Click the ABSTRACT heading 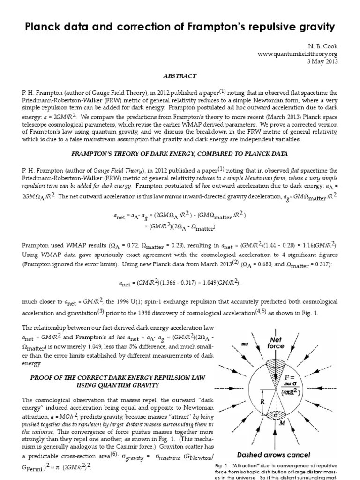180,75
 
